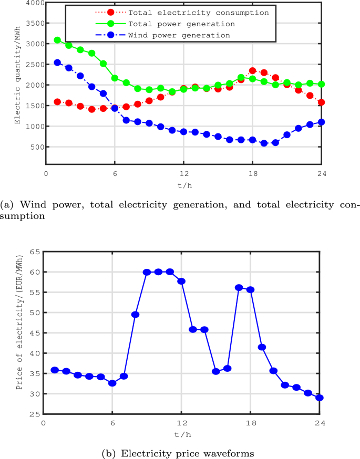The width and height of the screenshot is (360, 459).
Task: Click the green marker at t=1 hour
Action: point(58,40)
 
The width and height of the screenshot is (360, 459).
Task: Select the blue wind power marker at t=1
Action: point(58,62)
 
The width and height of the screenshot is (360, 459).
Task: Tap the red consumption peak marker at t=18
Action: point(252,70)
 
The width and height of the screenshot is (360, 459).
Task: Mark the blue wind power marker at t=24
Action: point(321,122)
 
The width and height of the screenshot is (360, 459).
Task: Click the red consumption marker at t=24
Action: point(321,102)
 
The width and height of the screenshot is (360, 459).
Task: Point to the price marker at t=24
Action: point(320,398)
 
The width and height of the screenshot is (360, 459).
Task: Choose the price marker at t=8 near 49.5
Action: point(135,315)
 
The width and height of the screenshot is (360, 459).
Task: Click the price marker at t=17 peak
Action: point(239,287)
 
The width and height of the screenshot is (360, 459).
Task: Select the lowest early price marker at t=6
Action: point(112,383)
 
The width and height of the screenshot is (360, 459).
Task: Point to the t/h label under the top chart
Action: point(183,185)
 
